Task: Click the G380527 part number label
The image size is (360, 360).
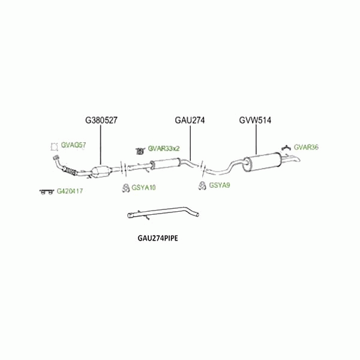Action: pos(101,120)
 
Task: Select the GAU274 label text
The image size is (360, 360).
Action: pos(190,120)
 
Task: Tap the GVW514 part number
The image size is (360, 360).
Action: pos(256,120)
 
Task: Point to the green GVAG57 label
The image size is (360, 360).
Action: pos(74,146)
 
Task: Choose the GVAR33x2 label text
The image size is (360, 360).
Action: pos(164,148)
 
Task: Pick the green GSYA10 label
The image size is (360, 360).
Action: pos(143,188)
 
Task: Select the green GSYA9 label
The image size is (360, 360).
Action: pos(219,185)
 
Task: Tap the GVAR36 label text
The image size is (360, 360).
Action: pos(306,147)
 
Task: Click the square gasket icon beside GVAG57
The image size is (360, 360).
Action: pos(54,146)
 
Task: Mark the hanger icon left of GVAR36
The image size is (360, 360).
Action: pos(286,147)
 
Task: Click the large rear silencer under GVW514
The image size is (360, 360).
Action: pos(264,162)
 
